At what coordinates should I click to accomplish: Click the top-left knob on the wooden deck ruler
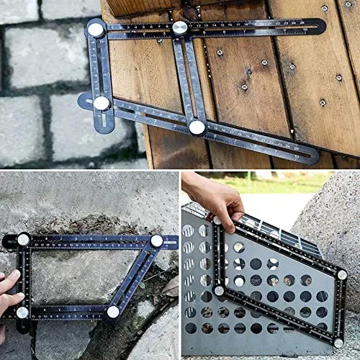pyautogui.click(x=96, y=30)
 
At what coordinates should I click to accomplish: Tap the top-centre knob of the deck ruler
pyautogui.click(x=180, y=27)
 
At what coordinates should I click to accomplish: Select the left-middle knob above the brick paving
pyautogui.click(x=102, y=103)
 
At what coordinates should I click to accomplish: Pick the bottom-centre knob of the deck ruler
pyautogui.click(x=197, y=127)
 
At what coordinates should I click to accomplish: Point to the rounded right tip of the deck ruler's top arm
pyautogui.click(x=319, y=25)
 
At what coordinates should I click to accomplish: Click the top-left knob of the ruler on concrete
pyautogui.click(x=23, y=239)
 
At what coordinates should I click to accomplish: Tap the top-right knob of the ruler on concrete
pyautogui.click(x=156, y=241)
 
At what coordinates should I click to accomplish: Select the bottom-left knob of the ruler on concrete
pyautogui.click(x=22, y=312)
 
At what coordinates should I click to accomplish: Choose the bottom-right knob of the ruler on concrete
pyautogui.click(x=113, y=312)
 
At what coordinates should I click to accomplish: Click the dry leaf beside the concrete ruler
pyautogui.click(x=170, y=287)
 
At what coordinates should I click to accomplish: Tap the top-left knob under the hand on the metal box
pyautogui.click(x=216, y=220)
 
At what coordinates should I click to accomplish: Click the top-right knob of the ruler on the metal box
pyautogui.click(x=342, y=274)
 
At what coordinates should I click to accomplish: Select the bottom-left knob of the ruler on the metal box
pyautogui.click(x=219, y=291)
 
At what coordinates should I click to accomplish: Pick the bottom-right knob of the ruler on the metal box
pyautogui.click(x=338, y=343)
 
